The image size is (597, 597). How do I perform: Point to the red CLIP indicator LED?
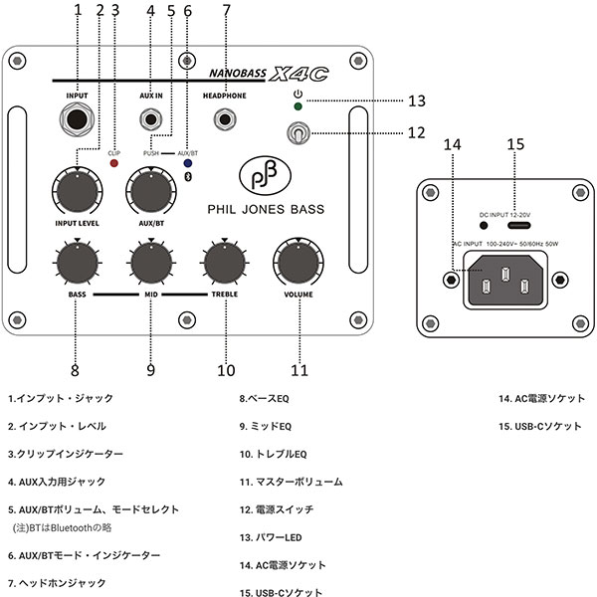[x=114, y=163]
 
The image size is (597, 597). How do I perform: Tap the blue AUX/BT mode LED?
[x=188, y=163]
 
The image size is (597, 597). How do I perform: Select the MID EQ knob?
[x=150, y=263]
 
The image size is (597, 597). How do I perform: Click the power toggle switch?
[x=298, y=132]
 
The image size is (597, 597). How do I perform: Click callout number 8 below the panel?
[x=75, y=371]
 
